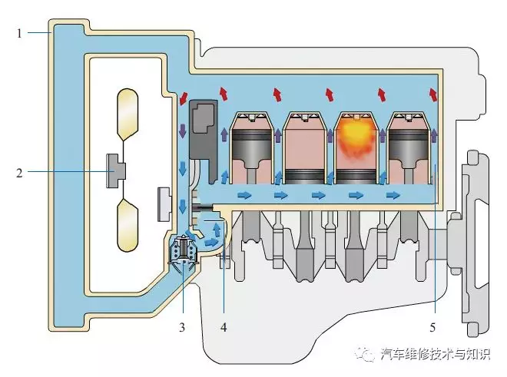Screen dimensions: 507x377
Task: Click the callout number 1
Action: tap(19, 33)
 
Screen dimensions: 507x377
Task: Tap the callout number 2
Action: tap(20, 173)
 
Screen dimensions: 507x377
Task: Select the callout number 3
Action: tap(182, 327)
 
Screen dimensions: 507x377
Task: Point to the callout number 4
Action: tap(224, 327)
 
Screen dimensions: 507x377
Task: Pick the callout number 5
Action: tap(432, 327)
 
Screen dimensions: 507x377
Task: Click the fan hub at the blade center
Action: tap(116, 170)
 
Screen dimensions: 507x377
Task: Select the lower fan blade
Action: tap(128, 225)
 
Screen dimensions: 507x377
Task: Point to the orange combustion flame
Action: tap(356, 140)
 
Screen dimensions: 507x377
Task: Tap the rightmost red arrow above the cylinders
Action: tap(432, 94)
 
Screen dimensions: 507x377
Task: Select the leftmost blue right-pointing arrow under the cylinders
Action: tap(244, 195)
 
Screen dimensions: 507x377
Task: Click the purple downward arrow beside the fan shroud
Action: tap(183, 131)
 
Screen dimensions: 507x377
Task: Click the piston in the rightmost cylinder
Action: tap(409, 145)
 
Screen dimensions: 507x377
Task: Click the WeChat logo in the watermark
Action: tap(365, 354)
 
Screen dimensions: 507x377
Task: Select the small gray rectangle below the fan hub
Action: tap(164, 204)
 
